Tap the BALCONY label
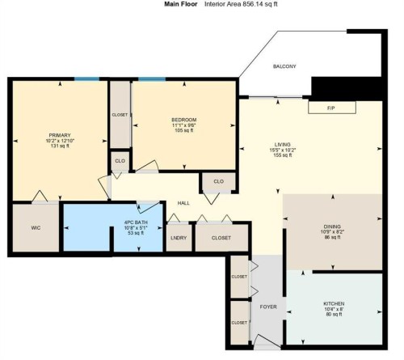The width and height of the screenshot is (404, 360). coord(284,66)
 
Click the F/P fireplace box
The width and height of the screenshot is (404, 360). coord(330,108)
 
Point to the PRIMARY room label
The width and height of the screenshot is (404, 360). coord(60,135)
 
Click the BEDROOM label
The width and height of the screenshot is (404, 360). coord(183,121)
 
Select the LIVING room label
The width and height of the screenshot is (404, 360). coord(281,143)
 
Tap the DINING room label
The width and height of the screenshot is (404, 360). coord(333,227)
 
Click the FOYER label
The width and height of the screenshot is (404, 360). coord(267,307)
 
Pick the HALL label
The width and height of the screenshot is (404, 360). coord(183,203)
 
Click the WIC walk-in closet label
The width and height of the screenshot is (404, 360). coord(36,228)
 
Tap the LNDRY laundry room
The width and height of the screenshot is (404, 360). coord(178,238)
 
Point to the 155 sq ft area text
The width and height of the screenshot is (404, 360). coord(281,156)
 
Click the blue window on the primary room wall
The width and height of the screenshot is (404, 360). coord(87,78)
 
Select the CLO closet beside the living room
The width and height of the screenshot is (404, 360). coord(218,182)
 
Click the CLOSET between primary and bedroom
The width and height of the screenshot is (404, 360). coord(120,116)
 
